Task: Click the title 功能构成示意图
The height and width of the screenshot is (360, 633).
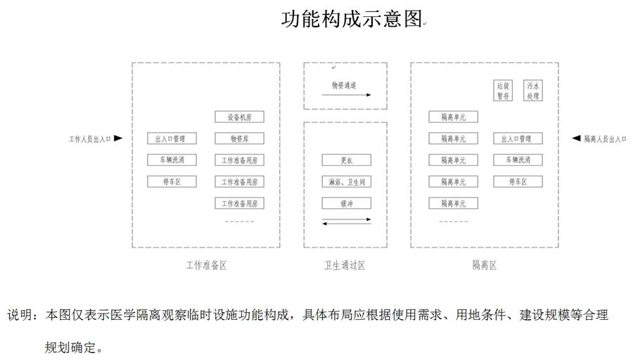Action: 351,19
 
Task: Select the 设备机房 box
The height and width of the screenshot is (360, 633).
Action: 239,117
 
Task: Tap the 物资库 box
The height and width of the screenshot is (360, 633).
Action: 239,139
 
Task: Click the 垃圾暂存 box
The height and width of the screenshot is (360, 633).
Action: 502,91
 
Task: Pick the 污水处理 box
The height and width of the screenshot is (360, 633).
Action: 532,91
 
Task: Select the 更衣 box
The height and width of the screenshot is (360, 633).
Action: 346,160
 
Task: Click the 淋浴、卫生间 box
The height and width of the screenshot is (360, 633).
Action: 346,182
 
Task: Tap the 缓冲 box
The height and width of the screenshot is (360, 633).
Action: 346,203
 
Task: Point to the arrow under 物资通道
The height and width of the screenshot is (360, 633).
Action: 345,94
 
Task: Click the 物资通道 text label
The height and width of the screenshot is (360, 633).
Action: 344,85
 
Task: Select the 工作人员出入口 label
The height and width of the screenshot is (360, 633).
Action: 89,139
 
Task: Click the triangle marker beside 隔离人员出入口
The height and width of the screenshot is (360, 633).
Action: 576,139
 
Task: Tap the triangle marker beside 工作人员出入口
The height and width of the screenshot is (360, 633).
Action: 118,139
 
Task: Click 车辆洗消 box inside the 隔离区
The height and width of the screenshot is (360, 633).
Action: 518,160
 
